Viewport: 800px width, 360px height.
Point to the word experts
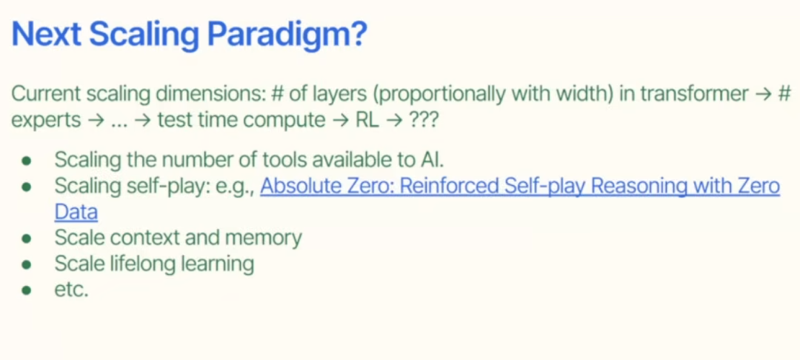46,120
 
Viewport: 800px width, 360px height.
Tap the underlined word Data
76,212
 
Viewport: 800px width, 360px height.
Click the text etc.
71,290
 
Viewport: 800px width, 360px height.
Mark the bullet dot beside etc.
27,291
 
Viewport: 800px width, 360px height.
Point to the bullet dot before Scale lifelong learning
27,264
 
